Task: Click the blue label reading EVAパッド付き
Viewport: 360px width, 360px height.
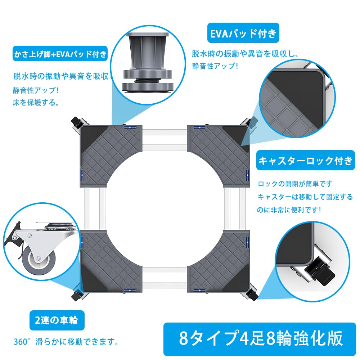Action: (x=243, y=33)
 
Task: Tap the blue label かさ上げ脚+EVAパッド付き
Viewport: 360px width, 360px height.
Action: (x=60, y=55)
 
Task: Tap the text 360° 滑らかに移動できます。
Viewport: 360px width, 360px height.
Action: (x=67, y=341)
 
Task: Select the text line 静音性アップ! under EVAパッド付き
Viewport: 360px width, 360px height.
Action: (x=215, y=66)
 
